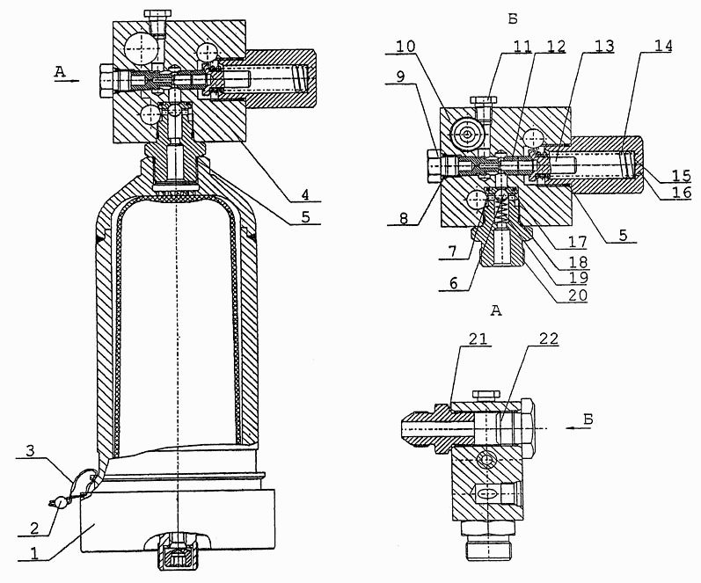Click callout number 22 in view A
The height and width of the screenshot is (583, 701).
pyautogui.click(x=549, y=339)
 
